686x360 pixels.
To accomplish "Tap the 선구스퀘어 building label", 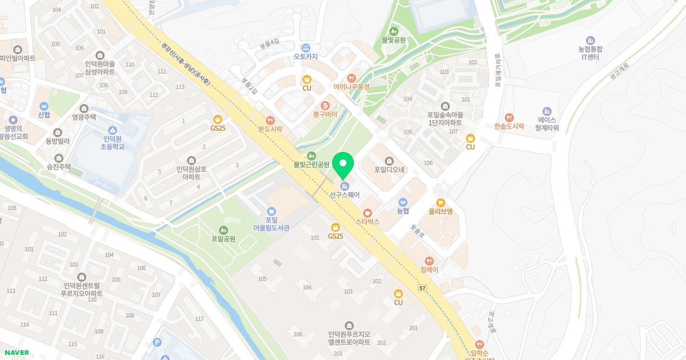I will pyautogui.click(x=344, y=195).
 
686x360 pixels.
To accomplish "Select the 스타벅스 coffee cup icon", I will pyautogui.click(x=368, y=213).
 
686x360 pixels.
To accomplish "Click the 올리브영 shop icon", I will pyautogui.click(x=440, y=202).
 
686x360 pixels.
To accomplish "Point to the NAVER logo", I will pyautogui.click(x=15, y=353).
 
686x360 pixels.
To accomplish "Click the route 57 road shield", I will pyautogui.click(x=422, y=287).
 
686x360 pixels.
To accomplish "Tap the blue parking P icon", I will pyautogui.click(x=157, y=342).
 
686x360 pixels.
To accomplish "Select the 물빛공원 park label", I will pyautogui.click(x=393, y=40).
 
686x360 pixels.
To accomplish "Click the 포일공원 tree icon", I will pyautogui.click(x=223, y=230).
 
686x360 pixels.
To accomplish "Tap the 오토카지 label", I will pyautogui.click(x=305, y=57).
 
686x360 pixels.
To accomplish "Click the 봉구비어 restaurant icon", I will pyautogui.click(x=325, y=105).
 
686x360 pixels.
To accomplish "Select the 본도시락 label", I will pyautogui.click(x=270, y=129).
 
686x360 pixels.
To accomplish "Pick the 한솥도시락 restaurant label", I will pyautogui.click(x=509, y=126).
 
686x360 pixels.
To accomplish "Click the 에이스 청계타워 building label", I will pyautogui.click(x=547, y=124).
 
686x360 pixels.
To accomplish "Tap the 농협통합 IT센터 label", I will pyautogui.click(x=590, y=53).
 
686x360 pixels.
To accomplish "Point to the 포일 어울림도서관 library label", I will pyautogui.click(x=272, y=223).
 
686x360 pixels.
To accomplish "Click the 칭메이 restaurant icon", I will pyautogui.click(x=429, y=269).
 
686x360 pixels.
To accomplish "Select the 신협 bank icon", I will pyautogui.click(x=44, y=115).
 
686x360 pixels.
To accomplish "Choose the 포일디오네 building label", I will pyautogui.click(x=389, y=170).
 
